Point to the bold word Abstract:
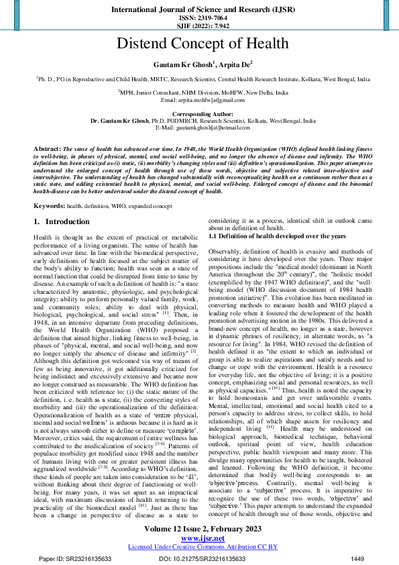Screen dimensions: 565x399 [x=47, y=146]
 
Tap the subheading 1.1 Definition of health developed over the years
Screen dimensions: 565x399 [x=278, y=236]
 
